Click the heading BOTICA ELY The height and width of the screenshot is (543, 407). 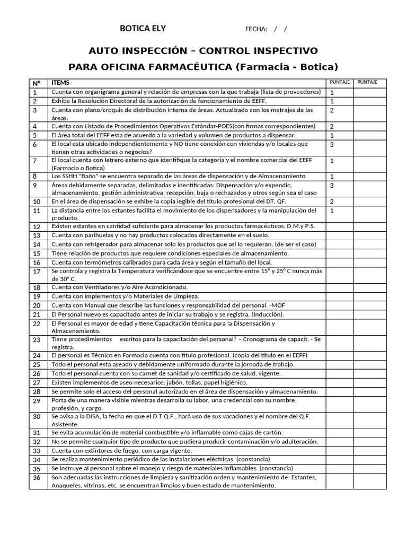tap(143, 29)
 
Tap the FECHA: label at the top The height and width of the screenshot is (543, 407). tap(256, 29)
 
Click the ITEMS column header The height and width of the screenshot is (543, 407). tap(60, 83)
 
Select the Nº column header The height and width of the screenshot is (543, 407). tap(36, 83)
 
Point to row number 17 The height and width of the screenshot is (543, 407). tap(36, 271)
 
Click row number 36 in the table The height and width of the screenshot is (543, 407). tap(36, 478)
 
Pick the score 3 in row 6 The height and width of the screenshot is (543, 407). tap(332, 145)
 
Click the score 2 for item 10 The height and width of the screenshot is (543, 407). tap(332, 202)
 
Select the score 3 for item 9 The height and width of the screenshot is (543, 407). tap(332, 186)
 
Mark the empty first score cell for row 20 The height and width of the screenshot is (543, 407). tap(339, 305)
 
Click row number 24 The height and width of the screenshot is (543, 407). tap(36, 356)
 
